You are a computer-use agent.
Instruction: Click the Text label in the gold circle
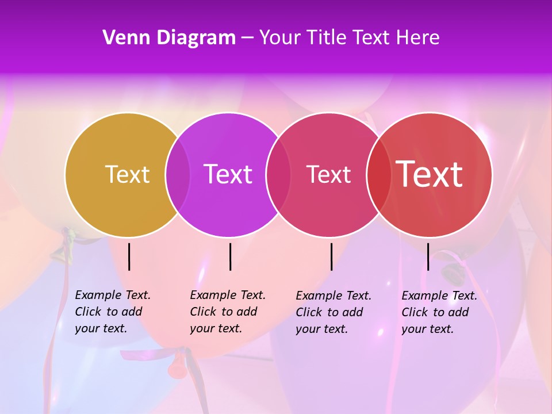pyautogui.click(x=127, y=174)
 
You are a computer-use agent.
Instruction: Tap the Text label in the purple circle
pyautogui.click(x=228, y=174)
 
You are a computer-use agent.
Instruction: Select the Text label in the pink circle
pyautogui.click(x=328, y=174)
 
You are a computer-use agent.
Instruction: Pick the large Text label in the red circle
pyautogui.click(x=430, y=174)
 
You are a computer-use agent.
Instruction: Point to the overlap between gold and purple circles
pyautogui.click(x=178, y=174)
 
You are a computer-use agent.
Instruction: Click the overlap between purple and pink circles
pyautogui.click(x=278, y=174)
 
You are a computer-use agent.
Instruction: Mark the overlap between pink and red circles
pyautogui.click(x=378, y=174)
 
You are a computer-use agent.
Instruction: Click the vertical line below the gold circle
pyautogui.click(x=129, y=256)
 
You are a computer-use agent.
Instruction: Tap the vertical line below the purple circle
pyautogui.click(x=230, y=256)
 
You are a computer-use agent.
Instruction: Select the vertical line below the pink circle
pyautogui.click(x=332, y=256)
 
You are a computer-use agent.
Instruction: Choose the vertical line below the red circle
pyautogui.click(x=428, y=256)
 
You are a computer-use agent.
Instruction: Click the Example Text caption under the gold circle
pyautogui.click(x=112, y=312)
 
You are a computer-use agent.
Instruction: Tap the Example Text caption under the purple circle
pyautogui.click(x=227, y=312)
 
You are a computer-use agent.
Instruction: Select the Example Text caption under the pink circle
pyautogui.click(x=333, y=312)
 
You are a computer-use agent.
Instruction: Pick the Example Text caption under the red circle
pyautogui.click(x=439, y=312)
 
